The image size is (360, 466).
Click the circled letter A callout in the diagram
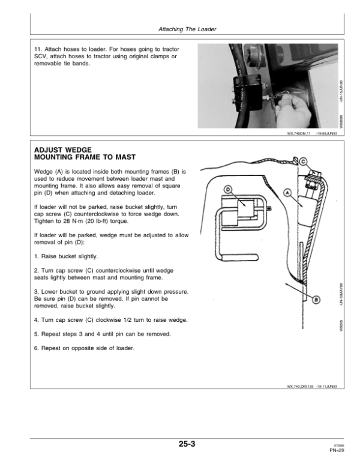pos(286,193)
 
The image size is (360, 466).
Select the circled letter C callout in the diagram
pos(303,161)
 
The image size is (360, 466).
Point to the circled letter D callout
pos(229,190)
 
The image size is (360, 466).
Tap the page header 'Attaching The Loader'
pos(187,29)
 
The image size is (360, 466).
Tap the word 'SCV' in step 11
pos(41,56)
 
